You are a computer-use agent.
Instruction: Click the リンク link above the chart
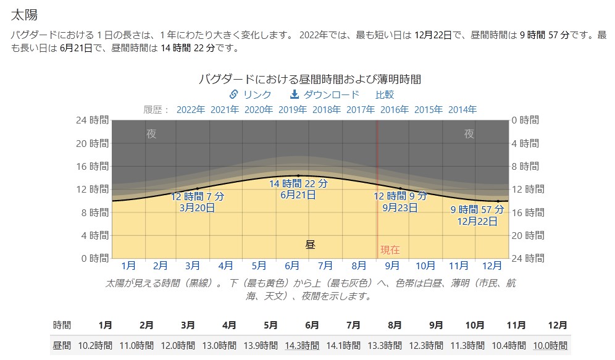point(250,94)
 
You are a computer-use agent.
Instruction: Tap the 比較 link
point(385,94)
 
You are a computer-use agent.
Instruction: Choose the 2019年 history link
point(293,110)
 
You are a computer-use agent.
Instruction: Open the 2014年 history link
point(462,110)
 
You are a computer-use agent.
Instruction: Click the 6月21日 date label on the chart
point(298,195)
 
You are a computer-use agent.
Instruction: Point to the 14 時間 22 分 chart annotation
point(298,183)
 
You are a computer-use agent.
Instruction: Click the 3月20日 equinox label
point(197,207)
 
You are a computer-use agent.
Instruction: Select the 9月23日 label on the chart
point(400,207)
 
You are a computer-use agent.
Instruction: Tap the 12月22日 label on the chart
point(477,220)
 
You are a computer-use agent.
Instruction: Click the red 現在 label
point(390,250)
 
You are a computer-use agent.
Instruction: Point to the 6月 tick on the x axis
point(292,266)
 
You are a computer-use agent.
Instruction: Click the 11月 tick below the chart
point(459,266)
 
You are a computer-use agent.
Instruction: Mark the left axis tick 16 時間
point(90,166)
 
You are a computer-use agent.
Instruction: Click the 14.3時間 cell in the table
point(302,346)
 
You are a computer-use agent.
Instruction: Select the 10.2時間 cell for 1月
point(95,346)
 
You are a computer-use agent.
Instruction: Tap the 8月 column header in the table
point(395,325)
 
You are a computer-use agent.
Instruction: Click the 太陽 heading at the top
point(24,14)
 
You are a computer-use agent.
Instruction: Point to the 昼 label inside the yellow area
point(310,245)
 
